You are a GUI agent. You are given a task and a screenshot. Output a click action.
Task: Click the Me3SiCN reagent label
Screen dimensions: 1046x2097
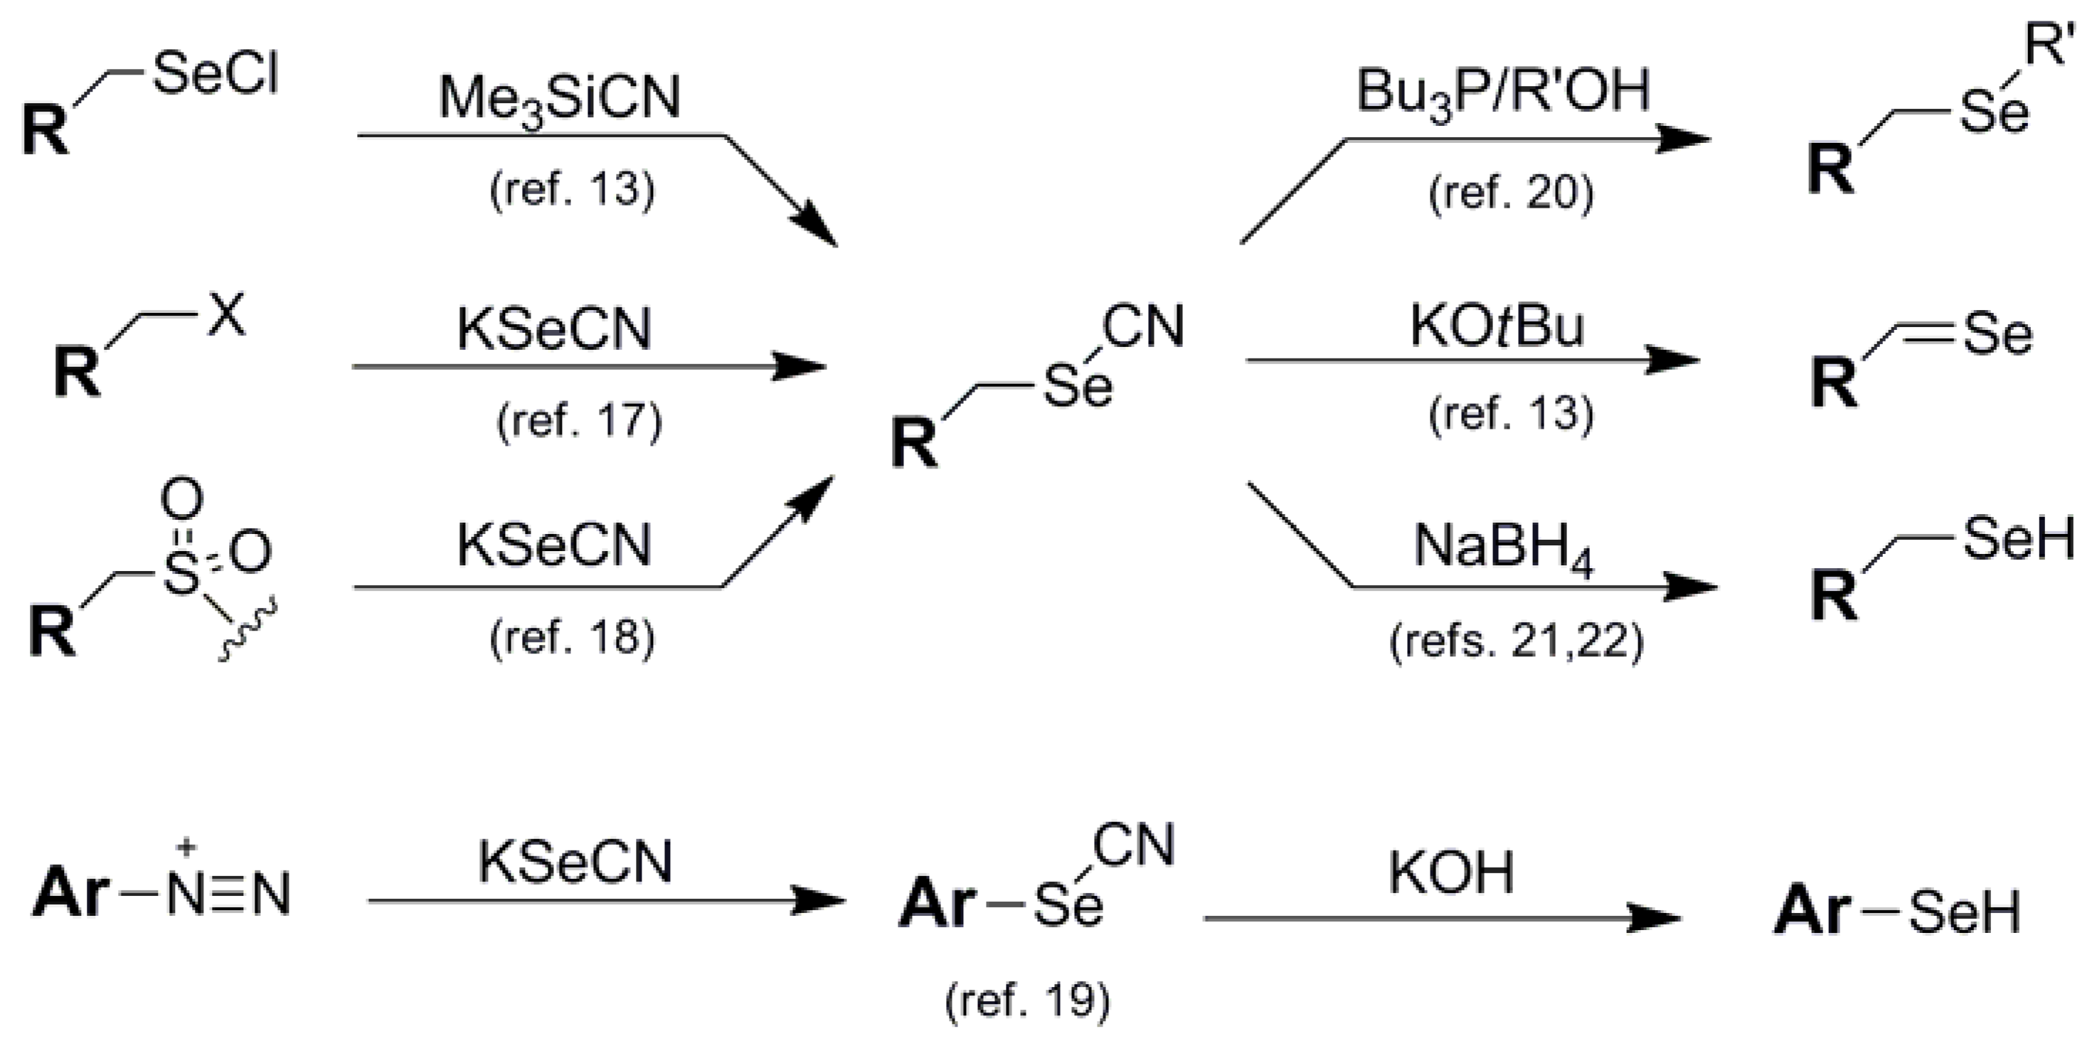[559, 100]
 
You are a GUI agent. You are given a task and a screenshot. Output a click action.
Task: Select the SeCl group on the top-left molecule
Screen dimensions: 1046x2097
[215, 75]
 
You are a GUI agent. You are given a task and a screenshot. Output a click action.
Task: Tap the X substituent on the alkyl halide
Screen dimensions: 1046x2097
[226, 316]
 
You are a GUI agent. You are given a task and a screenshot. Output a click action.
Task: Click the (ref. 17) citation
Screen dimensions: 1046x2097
[579, 422]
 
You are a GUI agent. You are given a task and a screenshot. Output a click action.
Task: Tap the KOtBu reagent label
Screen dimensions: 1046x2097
[1496, 327]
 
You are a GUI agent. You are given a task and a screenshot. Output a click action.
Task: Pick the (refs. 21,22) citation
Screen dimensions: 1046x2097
[1517, 642]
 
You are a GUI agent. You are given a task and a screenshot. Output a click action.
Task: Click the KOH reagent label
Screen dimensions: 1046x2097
[1450, 872]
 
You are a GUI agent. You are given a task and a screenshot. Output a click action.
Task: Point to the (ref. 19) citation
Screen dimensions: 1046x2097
[1027, 1000]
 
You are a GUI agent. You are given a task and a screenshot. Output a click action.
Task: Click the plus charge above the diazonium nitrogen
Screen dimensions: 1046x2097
[186, 848]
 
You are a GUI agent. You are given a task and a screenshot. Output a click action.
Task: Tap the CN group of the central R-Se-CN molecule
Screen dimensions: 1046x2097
[1142, 326]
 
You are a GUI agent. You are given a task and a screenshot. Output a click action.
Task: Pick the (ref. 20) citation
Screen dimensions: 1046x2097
[1511, 193]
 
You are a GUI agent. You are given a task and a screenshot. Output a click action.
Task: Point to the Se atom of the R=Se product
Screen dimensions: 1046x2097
[1997, 334]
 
